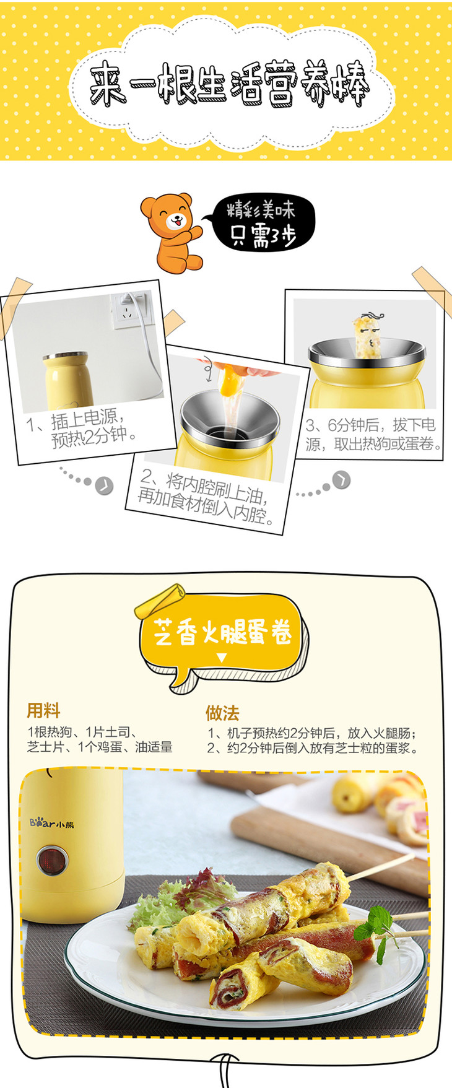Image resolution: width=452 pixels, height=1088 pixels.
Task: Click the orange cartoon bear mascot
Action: pos(172,232)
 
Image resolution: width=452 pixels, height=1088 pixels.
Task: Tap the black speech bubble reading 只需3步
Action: pos(263,224)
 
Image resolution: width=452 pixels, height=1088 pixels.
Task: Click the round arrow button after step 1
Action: pos(104,485)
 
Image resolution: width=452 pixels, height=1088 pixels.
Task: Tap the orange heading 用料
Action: pos(43,710)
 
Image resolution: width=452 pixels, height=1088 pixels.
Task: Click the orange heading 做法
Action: pos(222,713)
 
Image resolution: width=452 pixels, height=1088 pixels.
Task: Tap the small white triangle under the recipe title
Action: pos(222,658)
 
